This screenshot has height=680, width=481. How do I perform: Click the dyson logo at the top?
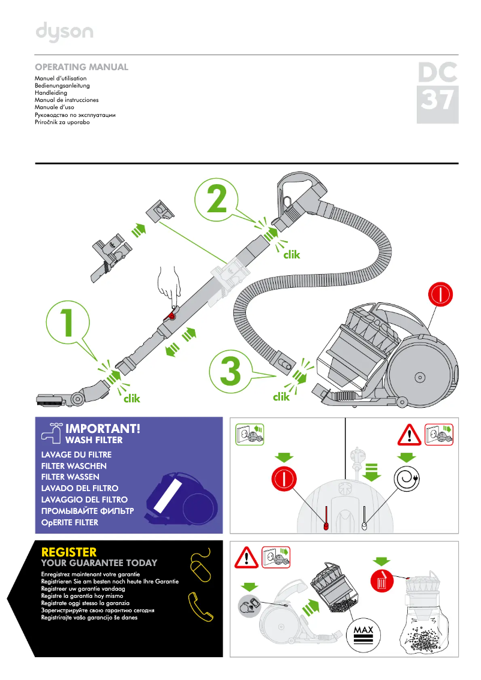pos(64,32)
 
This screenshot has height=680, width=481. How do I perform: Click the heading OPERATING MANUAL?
pos(82,67)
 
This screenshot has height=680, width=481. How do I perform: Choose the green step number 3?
pos(230,371)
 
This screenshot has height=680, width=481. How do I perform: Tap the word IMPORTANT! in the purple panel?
pos(103,429)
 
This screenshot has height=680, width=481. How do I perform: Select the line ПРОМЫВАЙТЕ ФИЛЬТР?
pos(87,511)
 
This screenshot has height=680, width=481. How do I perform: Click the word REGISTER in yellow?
pos(68,552)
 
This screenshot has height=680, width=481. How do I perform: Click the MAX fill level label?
pos(363,630)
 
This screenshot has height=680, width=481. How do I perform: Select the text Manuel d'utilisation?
pos(61,79)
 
